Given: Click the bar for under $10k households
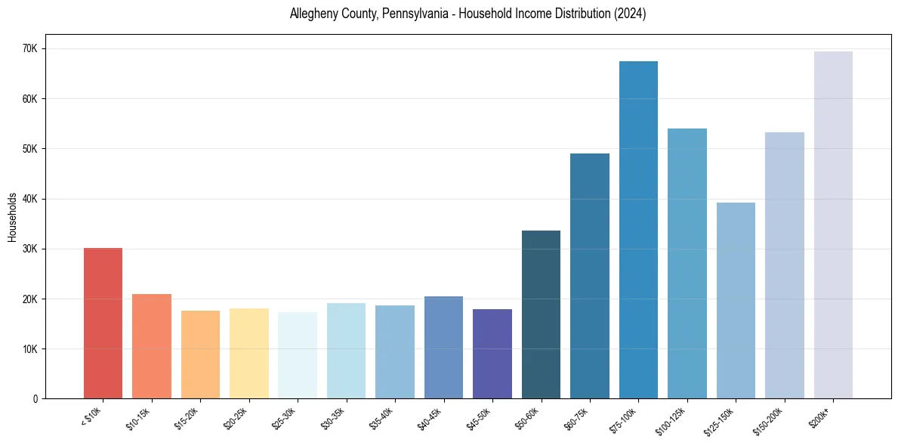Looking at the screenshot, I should (103, 324).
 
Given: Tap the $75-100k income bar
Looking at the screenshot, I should (638, 230).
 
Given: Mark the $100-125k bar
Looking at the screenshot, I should (687, 264).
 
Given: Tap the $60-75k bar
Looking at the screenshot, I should (590, 276).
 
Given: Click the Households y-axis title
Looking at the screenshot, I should (12, 217).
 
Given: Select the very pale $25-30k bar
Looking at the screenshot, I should (298, 355).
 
